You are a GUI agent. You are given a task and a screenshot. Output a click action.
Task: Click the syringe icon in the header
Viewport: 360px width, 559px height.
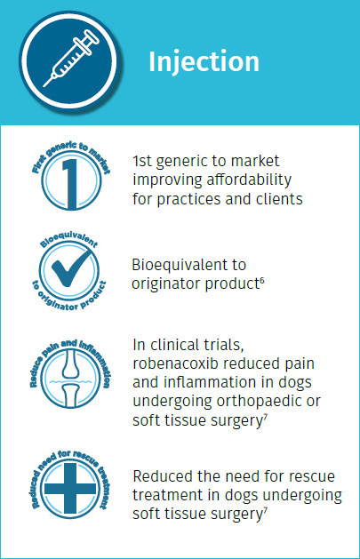point(71,59)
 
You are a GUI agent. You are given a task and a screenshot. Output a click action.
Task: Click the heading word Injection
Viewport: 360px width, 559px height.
point(204,62)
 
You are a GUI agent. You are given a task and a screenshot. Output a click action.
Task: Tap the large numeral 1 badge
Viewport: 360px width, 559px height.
point(70,183)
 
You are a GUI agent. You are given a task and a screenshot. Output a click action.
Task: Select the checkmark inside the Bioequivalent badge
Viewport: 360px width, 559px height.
point(71,268)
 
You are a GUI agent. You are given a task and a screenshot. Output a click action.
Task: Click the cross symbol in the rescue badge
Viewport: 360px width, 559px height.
point(70,489)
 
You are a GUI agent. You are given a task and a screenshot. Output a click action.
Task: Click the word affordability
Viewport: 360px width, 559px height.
point(249,180)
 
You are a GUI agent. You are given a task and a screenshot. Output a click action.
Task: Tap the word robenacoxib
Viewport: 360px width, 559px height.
point(175,363)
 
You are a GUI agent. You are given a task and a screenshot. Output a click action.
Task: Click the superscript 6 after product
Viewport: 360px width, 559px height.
point(262,280)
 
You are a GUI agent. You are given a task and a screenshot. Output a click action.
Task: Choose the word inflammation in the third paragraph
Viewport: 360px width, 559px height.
point(210,382)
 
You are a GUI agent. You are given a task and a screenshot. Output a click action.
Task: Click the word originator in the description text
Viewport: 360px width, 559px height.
point(166,284)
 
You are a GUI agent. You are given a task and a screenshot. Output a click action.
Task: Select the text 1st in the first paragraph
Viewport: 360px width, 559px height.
point(142,161)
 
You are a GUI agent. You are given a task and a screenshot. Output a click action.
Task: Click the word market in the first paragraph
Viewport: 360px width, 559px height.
point(255,161)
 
